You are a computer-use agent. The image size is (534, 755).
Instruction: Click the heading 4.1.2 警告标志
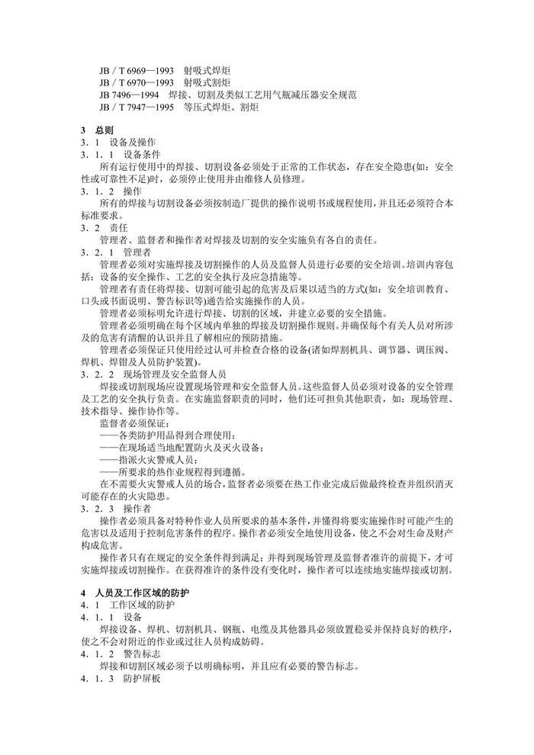coord(123,654)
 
